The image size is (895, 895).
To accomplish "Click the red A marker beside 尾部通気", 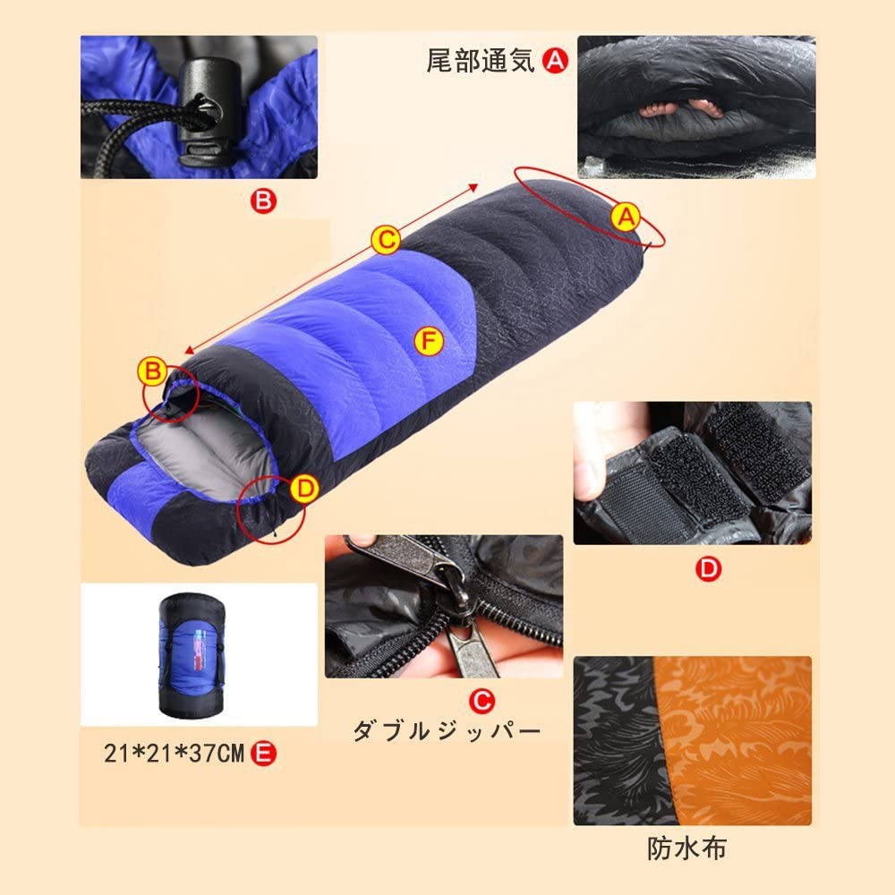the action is click(x=555, y=60).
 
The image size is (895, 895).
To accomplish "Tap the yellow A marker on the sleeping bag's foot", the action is click(x=626, y=217).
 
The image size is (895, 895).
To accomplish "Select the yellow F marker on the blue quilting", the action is click(x=428, y=341).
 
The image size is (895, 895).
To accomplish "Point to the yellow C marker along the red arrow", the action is click(x=385, y=240).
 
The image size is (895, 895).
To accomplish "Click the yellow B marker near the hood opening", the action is click(x=152, y=371).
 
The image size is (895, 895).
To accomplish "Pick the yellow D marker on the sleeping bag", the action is click(x=305, y=490).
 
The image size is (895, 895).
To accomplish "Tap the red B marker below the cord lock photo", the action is click(x=263, y=200).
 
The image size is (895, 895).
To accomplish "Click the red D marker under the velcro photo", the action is click(x=708, y=568).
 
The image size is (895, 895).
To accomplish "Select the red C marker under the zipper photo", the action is click(x=482, y=700).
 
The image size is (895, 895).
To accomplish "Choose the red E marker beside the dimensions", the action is click(x=264, y=754).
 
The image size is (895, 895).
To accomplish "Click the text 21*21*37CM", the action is click(x=175, y=754).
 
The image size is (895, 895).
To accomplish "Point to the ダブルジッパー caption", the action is click(x=446, y=731).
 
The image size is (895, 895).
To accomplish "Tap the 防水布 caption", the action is click(x=686, y=848).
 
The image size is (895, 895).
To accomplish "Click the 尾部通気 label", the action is click(x=481, y=61).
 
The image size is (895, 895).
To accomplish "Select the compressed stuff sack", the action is click(x=192, y=654).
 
